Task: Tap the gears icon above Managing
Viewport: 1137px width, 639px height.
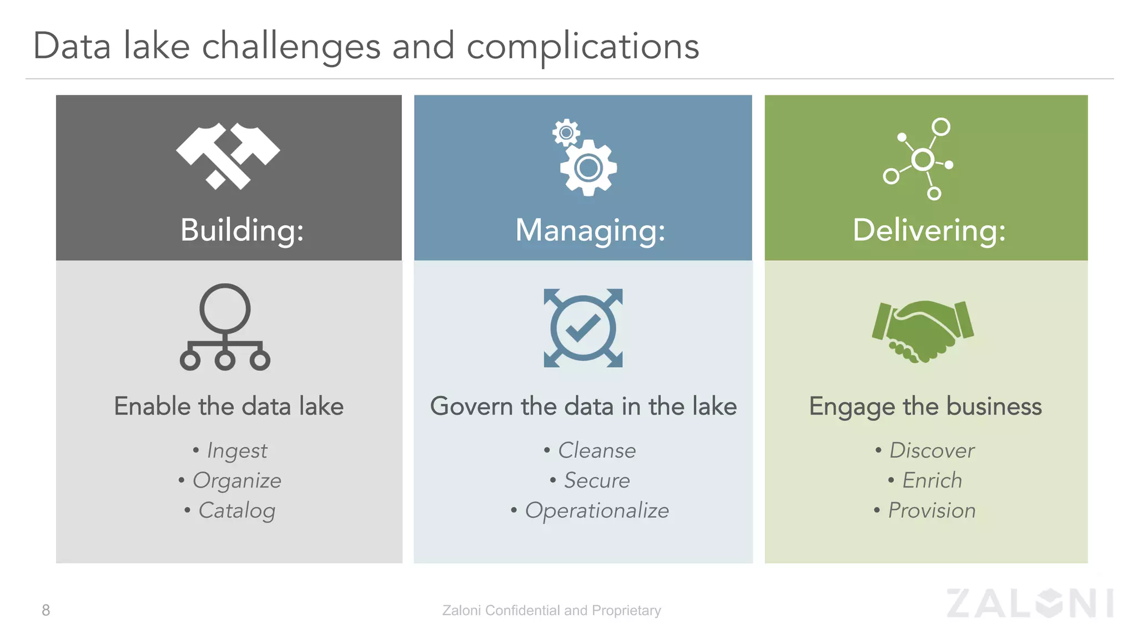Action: (585, 158)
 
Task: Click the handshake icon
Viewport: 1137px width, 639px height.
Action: (923, 331)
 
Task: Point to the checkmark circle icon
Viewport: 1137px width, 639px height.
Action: (583, 328)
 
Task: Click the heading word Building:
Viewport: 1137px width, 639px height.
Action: (242, 230)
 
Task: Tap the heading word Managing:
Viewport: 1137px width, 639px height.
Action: (590, 230)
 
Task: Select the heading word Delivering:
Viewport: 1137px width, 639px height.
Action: (929, 230)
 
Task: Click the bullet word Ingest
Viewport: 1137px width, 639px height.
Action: (237, 450)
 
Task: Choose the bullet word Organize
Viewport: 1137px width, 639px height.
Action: (237, 480)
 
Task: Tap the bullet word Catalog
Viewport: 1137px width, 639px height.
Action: (237, 510)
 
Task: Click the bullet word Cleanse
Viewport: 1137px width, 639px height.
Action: (597, 450)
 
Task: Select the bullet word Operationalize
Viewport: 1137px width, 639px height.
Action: (597, 510)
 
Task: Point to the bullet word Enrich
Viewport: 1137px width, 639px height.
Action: (932, 480)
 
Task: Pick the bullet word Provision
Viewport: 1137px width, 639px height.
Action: (932, 510)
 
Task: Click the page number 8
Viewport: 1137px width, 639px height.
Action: (46, 610)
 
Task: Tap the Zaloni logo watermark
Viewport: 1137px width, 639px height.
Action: (1030, 603)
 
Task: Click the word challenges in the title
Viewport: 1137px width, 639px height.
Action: (291, 47)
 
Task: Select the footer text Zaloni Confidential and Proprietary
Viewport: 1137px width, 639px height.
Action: (551, 610)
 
